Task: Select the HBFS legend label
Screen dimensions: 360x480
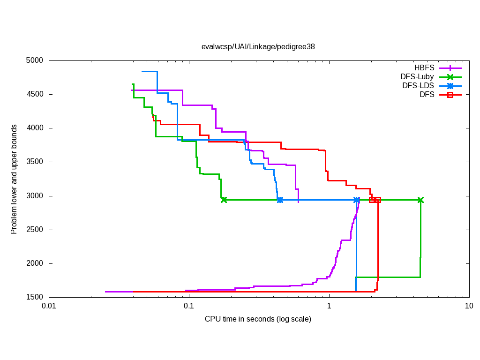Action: pos(424,67)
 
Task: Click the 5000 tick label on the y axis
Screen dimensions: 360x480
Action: pos(34,60)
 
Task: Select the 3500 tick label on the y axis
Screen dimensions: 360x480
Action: pos(34,162)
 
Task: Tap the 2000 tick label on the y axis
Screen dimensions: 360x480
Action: pos(34,263)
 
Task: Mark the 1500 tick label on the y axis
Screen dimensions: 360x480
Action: pos(34,297)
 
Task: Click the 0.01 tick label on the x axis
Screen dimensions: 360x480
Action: pos(49,306)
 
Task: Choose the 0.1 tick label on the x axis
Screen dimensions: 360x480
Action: pos(189,306)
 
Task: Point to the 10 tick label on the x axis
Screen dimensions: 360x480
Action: pos(468,306)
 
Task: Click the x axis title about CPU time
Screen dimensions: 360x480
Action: pos(258,319)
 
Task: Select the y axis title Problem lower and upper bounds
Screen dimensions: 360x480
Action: pos(15,179)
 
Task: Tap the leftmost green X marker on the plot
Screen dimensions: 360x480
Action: pos(224,200)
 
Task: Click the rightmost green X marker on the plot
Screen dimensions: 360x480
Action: pos(420,200)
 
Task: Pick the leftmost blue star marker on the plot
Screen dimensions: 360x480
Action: pos(280,200)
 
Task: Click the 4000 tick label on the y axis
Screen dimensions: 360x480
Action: pos(34,128)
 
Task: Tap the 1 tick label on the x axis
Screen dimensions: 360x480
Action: pos(329,306)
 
